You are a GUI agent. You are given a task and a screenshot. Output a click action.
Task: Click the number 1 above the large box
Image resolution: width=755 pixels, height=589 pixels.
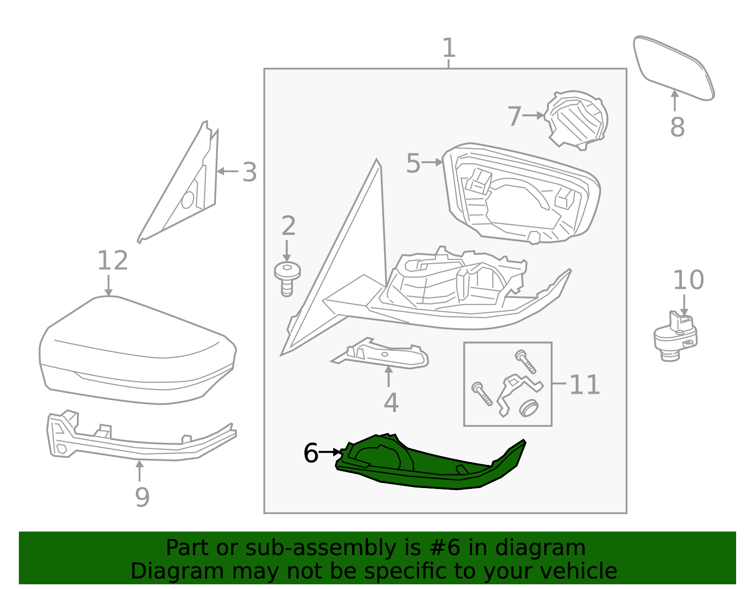449,48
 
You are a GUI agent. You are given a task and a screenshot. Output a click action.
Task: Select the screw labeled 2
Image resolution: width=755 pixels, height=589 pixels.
287,279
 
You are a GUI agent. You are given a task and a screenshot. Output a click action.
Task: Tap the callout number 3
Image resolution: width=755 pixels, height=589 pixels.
250,172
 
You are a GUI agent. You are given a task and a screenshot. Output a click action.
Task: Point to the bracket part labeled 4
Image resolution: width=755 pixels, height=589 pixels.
382,357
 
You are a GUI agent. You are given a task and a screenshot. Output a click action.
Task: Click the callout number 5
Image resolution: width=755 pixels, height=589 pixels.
413,164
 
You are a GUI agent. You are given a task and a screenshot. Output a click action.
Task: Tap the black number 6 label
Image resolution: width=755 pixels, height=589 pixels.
311,453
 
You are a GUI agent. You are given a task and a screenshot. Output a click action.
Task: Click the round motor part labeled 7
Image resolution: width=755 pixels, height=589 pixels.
577,119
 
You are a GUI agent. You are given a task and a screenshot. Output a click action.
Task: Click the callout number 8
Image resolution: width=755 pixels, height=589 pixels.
677,127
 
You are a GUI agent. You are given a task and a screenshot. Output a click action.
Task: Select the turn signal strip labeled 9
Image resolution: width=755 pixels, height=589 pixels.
142,441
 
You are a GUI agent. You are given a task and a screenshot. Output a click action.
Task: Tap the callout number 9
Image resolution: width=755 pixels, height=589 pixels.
142,497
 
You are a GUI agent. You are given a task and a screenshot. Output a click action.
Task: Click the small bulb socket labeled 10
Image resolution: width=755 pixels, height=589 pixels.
675,336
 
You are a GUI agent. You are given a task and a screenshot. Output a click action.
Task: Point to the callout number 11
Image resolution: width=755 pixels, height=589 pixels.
584,385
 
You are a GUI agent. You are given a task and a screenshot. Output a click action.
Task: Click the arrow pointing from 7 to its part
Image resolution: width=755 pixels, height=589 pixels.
533,115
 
